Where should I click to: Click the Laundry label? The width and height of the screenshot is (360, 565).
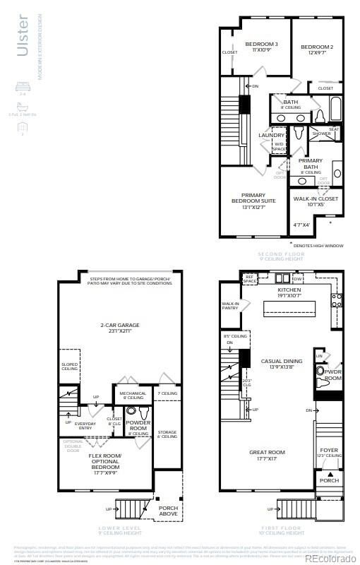(271, 135)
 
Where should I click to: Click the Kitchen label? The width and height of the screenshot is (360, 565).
(269, 290)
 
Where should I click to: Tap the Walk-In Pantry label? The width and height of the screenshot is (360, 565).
(231, 305)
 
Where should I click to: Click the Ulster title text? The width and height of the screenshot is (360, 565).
(23, 35)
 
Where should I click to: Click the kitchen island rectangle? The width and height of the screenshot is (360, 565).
(292, 309)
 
